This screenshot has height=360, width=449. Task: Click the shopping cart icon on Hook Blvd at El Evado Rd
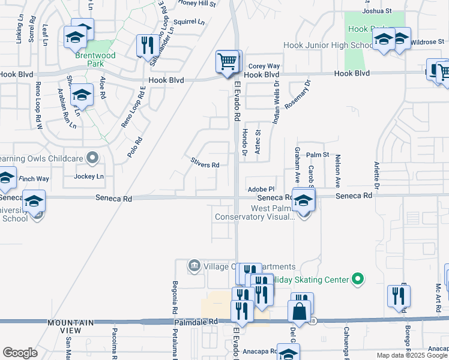[227, 61]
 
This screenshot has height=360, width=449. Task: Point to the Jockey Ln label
[89, 176]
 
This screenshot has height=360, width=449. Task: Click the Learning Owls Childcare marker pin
[92, 158]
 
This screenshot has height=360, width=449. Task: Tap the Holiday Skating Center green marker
[358, 279]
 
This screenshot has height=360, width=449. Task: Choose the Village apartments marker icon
[194, 265]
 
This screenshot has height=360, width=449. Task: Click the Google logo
[20, 353]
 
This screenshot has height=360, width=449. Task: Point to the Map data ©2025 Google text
[412, 355]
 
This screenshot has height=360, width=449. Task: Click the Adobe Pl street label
[261, 188]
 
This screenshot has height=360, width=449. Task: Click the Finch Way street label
[34, 179]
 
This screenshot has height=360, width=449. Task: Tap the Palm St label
[318, 155]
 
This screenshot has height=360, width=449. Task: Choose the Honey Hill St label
[196, 4]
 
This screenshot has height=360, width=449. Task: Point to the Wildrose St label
[429, 43]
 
